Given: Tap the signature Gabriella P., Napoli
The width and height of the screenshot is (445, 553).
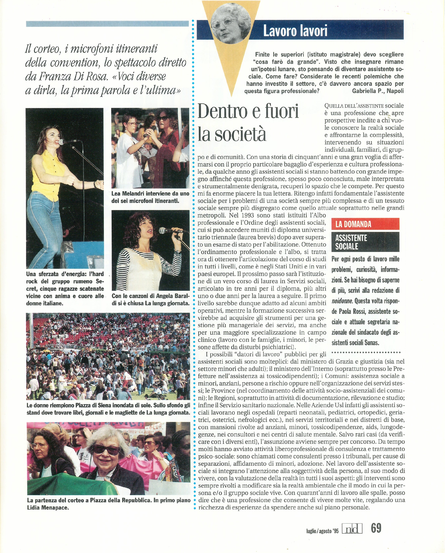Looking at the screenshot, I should coord(378,91).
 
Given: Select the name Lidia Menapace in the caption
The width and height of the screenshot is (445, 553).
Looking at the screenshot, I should coord(48,507).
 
